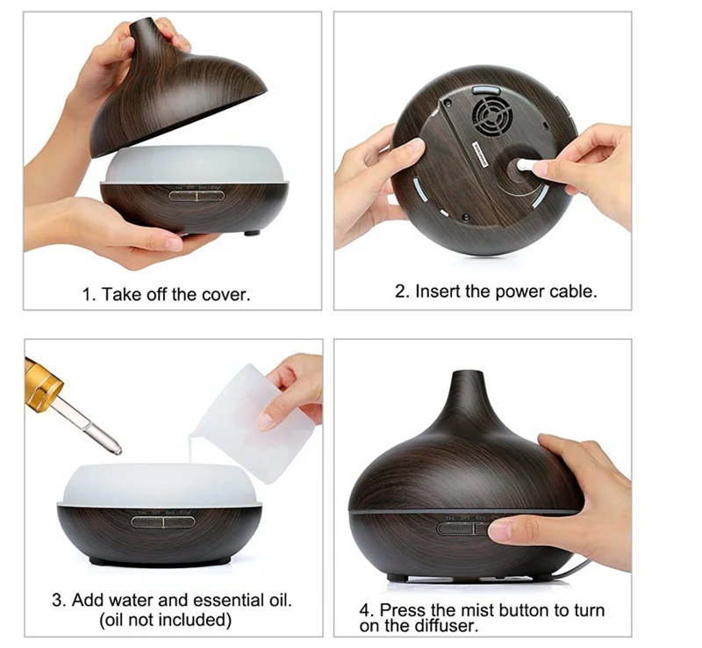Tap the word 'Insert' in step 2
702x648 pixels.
pyautogui.click(x=438, y=292)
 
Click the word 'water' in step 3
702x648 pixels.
pyautogui.click(x=131, y=600)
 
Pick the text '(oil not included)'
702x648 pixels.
pyautogui.click(x=165, y=620)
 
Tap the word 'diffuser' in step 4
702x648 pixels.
pyautogui.click(x=446, y=625)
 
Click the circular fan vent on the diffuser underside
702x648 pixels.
pyautogui.click(x=493, y=115)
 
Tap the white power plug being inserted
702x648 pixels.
pyautogui.click(x=526, y=165)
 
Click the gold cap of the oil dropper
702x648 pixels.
pyautogui.click(x=41, y=384)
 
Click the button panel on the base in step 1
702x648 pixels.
pyautogui.click(x=197, y=196)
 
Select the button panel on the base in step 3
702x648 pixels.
pyautogui.click(x=163, y=522)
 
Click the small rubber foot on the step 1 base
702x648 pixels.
pyautogui.click(x=252, y=233)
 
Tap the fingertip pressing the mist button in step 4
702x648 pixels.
pyautogui.click(x=499, y=531)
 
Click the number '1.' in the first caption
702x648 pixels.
pyautogui.click(x=90, y=295)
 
